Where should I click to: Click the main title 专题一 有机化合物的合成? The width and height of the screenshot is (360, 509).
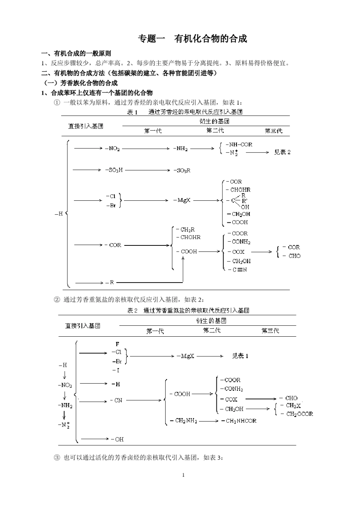tap(193, 39)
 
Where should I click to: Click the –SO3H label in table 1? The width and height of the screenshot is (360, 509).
tap(114, 170)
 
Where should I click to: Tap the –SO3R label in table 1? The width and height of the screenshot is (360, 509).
tap(182, 170)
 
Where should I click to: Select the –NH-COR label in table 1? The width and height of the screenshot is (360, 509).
tap(239, 144)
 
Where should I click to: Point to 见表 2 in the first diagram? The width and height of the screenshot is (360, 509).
tap(282, 152)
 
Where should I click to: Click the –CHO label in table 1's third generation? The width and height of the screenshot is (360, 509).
tap(292, 256)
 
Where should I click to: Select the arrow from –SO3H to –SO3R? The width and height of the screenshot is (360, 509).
tap(147, 170)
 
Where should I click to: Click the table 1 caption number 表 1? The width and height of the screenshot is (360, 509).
tap(132, 112)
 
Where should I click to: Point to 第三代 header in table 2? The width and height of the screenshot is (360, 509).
tap(270, 331)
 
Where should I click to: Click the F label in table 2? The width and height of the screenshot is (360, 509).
tap(117, 344)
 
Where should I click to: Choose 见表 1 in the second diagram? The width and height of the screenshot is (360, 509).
tap(240, 356)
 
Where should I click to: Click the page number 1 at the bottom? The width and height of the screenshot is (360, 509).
tap(183, 475)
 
